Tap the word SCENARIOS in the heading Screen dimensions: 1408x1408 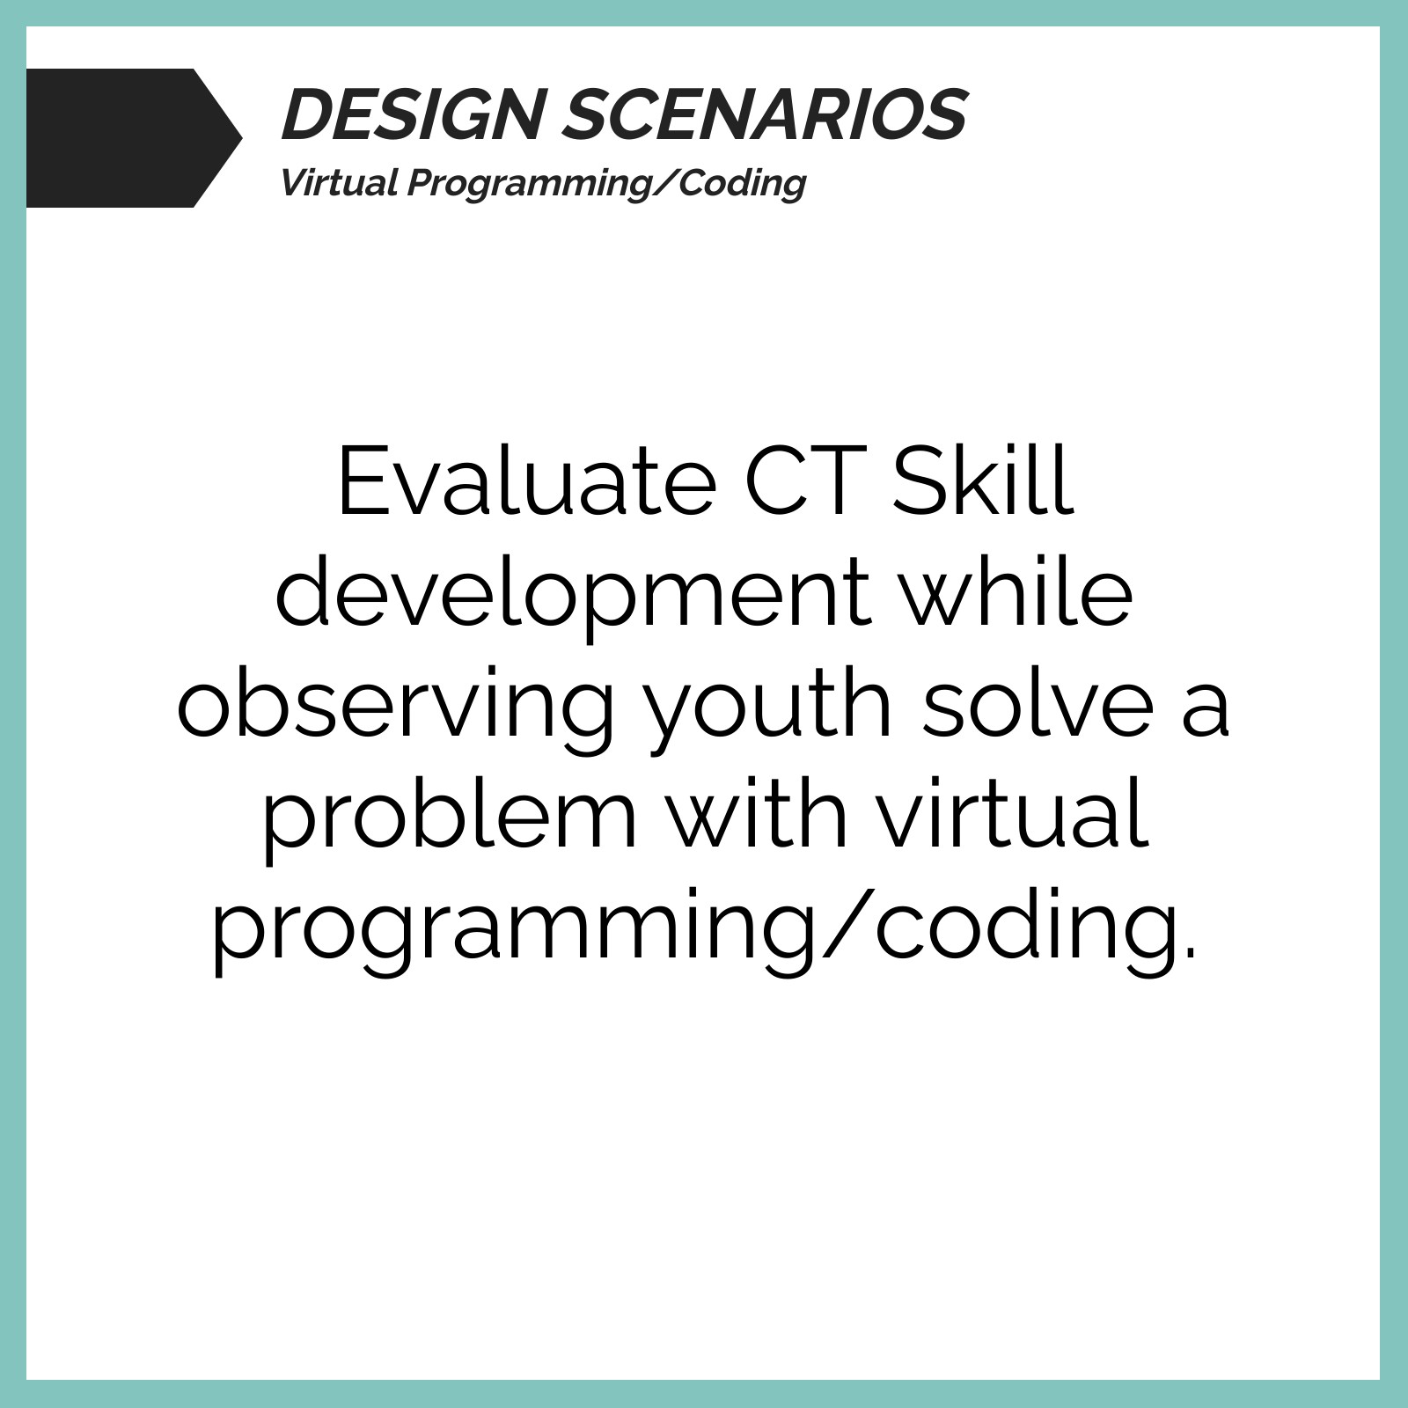(765, 114)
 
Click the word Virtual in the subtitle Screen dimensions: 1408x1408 (341, 183)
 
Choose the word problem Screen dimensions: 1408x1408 (450, 819)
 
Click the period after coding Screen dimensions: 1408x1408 (1191, 950)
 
